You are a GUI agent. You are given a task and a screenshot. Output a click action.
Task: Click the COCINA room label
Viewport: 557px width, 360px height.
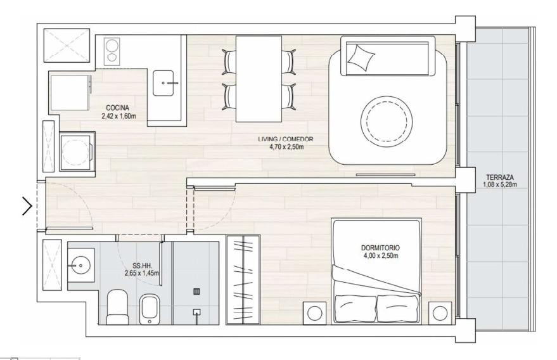click(117, 108)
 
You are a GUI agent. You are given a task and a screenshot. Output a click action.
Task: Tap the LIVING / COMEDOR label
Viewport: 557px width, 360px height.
click(286, 139)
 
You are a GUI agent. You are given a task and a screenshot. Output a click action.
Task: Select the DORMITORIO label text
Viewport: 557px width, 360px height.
click(380, 248)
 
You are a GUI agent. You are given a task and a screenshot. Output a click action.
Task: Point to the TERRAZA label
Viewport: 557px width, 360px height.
click(500, 177)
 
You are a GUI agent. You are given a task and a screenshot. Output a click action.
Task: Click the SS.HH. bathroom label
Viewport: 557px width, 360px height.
click(141, 266)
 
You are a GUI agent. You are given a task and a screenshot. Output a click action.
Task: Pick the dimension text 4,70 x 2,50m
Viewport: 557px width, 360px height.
click(286, 146)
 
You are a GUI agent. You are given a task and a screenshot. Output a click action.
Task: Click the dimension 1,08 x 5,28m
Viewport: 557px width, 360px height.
click(500, 184)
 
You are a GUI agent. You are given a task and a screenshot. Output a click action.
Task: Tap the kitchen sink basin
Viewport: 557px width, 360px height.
click(163, 83)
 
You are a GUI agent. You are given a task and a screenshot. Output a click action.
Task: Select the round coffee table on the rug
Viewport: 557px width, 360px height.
click(387, 120)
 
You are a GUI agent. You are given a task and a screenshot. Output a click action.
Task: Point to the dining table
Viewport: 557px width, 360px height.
click(259, 79)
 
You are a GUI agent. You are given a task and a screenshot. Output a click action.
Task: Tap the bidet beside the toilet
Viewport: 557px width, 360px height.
click(150, 309)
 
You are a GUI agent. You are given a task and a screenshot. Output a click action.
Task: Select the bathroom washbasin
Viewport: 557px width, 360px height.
click(80, 265)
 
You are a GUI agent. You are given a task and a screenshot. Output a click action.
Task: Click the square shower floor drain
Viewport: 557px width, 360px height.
click(197, 292)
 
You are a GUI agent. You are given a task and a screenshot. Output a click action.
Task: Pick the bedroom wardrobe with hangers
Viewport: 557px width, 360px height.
click(243, 280)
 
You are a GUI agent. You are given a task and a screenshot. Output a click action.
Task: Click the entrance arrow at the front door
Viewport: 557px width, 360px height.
click(27, 206)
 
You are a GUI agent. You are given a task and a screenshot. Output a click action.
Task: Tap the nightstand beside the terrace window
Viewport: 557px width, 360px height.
click(440, 313)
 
